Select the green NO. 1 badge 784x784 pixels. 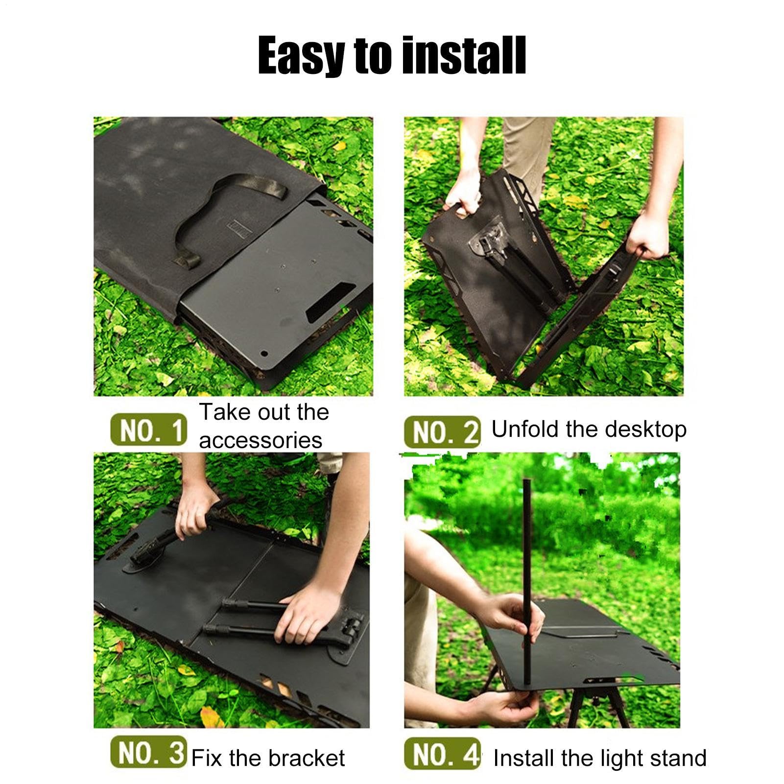148,430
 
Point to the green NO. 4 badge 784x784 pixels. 442,753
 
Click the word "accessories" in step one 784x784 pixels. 261,440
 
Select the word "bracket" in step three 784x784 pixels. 309,758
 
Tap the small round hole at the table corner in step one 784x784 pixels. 265,353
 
